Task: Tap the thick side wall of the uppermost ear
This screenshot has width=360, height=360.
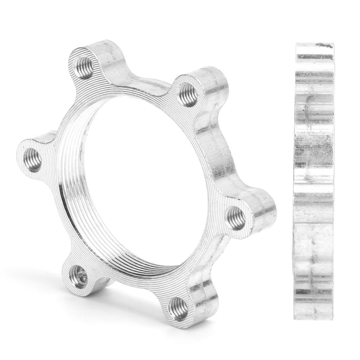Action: tap(116, 56)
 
